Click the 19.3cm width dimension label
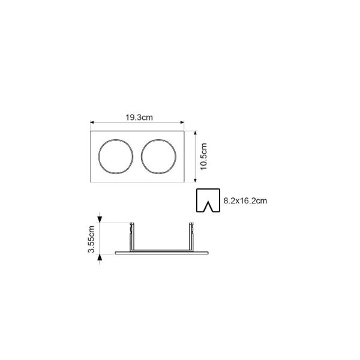click(x=139, y=118)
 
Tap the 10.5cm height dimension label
click(x=203, y=157)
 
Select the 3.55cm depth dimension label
click(x=91, y=239)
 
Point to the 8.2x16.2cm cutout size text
click(x=245, y=200)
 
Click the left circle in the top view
click(x=99, y=156)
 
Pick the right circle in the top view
click(x=142, y=156)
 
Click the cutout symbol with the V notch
click(x=197, y=200)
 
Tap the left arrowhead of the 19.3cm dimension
click(x=92, y=122)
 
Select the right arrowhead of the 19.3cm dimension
click(x=182, y=122)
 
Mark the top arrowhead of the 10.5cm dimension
click(x=196, y=133)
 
